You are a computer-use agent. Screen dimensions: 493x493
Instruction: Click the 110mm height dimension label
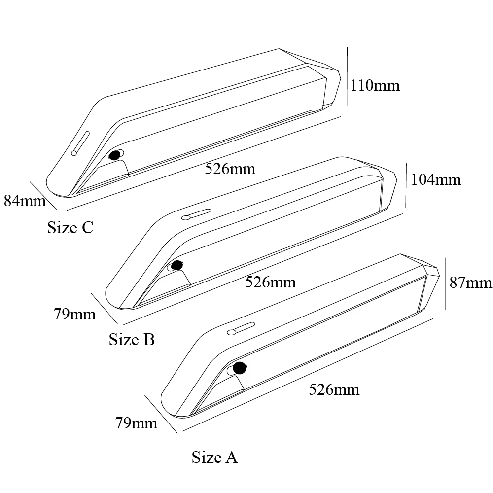coord(375,85)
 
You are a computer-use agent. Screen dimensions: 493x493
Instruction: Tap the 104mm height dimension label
coord(436,179)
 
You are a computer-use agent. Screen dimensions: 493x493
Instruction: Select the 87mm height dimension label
coord(470,282)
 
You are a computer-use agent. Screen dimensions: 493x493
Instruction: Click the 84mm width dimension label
coord(25,200)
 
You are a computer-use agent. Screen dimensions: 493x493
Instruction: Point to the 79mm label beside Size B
coord(75,314)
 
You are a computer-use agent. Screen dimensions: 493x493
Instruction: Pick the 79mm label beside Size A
coord(136,423)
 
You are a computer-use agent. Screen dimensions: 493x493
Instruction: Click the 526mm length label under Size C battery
coord(230,169)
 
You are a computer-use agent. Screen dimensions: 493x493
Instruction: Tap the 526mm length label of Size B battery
coord(270,282)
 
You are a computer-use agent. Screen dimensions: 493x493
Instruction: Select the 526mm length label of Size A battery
coord(334,389)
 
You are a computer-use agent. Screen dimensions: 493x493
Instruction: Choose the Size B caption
coord(132,339)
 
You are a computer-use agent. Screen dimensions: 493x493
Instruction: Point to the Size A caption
coord(215,457)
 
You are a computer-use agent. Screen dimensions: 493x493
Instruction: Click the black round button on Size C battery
coord(115,155)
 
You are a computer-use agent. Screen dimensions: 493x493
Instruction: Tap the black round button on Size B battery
coord(177,265)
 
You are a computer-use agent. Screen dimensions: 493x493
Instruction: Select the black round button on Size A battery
coord(240,368)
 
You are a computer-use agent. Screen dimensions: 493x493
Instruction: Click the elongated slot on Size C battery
coord(80,143)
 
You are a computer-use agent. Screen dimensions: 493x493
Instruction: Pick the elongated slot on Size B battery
coord(197,213)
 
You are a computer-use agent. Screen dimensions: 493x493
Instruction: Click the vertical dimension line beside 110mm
coord(347,79)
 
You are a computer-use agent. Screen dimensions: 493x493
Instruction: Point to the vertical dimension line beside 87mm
coord(445,283)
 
